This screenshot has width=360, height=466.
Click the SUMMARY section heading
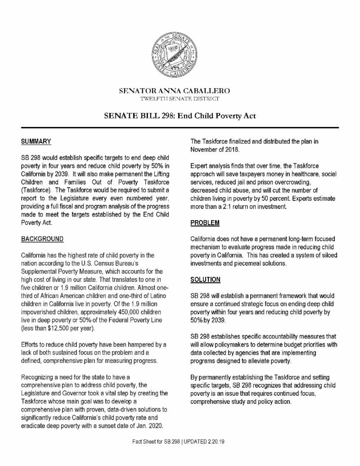click(36, 141)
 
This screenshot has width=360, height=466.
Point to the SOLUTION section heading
click(206, 279)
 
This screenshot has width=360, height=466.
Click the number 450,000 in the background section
click(119, 312)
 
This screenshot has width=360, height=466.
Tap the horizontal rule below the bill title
click(180, 127)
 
